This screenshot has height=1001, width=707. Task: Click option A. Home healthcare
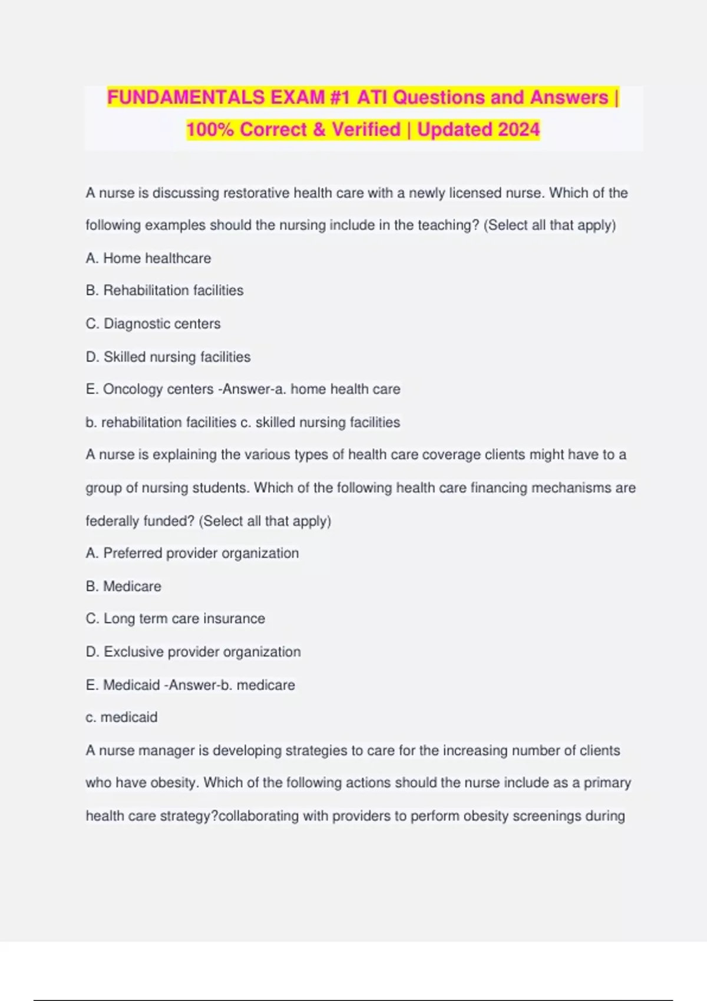pyautogui.click(x=148, y=258)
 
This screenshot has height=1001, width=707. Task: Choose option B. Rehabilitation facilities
pyautogui.click(x=164, y=290)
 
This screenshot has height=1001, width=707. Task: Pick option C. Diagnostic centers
pyautogui.click(x=153, y=323)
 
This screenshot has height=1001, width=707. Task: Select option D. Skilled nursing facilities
pyautogui.click(x=168, y=357)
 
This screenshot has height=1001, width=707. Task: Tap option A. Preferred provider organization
pyautogui.click(x=192, y=553)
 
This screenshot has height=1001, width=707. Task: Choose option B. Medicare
pyautogui.click(x=123, y=586)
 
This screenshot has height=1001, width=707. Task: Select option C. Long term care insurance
pyautogui.click(x=175, y=618)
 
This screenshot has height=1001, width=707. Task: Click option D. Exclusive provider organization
pyautogui.click(x=193, y=652)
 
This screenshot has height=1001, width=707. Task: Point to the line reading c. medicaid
pyautogui.click(x=121, y=717)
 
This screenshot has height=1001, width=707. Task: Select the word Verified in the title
pyautogui.click(x=366, y=130)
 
